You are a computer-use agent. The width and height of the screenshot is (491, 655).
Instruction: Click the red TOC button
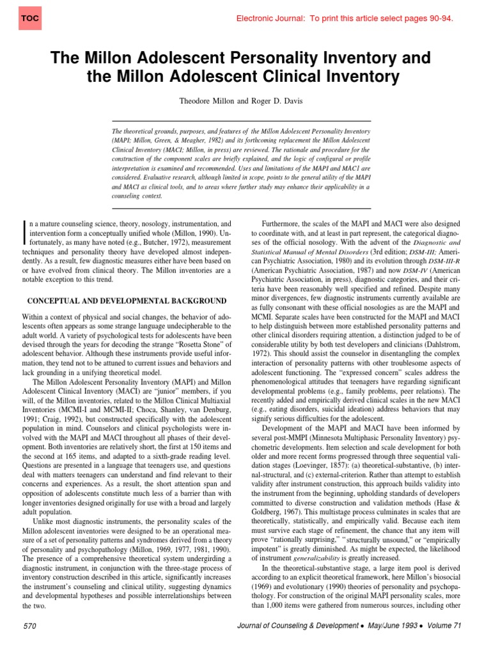click(29, 18)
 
